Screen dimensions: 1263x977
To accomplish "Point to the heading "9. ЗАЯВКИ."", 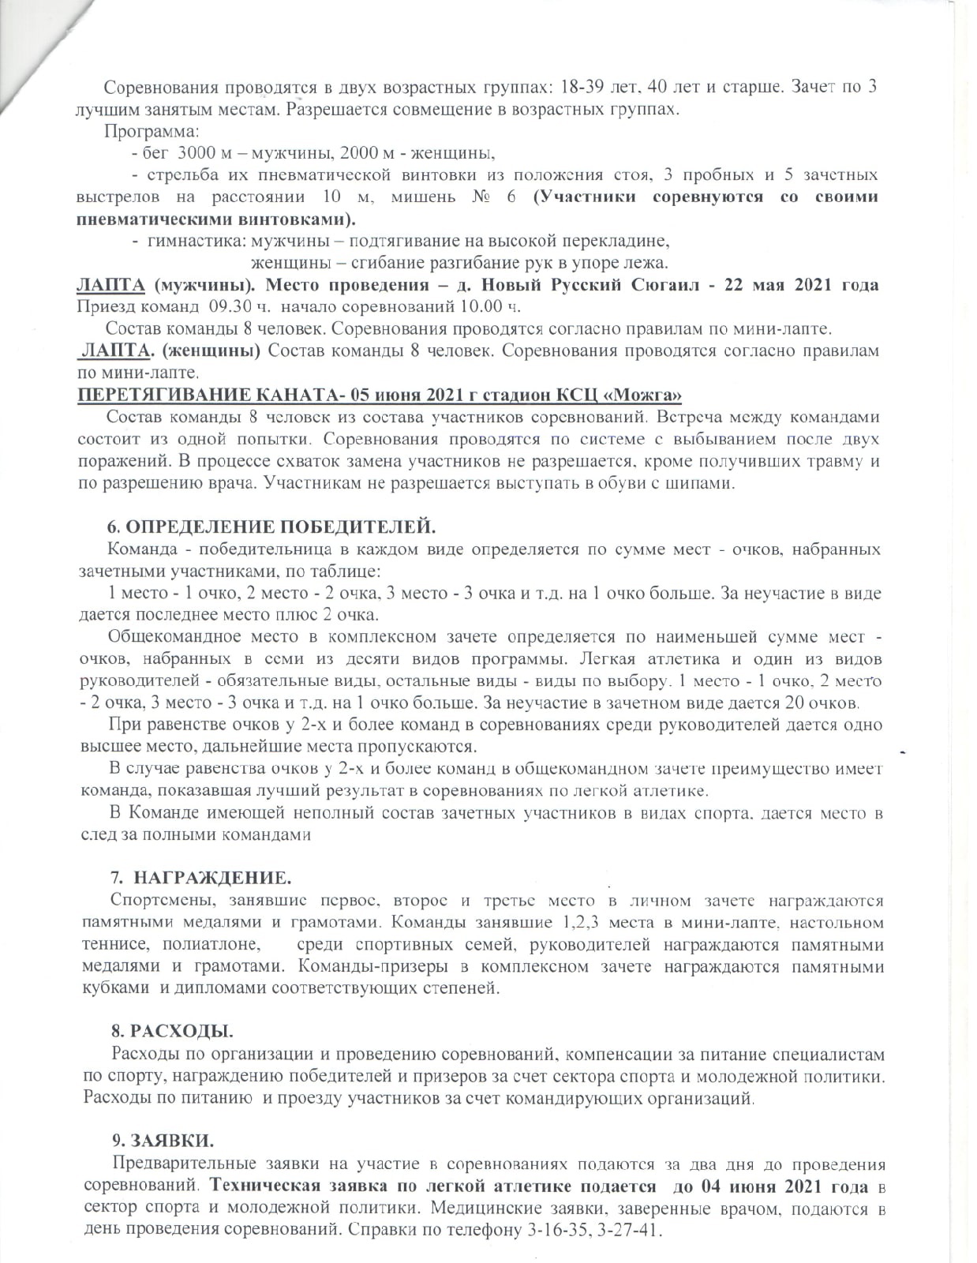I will click(163, 1140).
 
